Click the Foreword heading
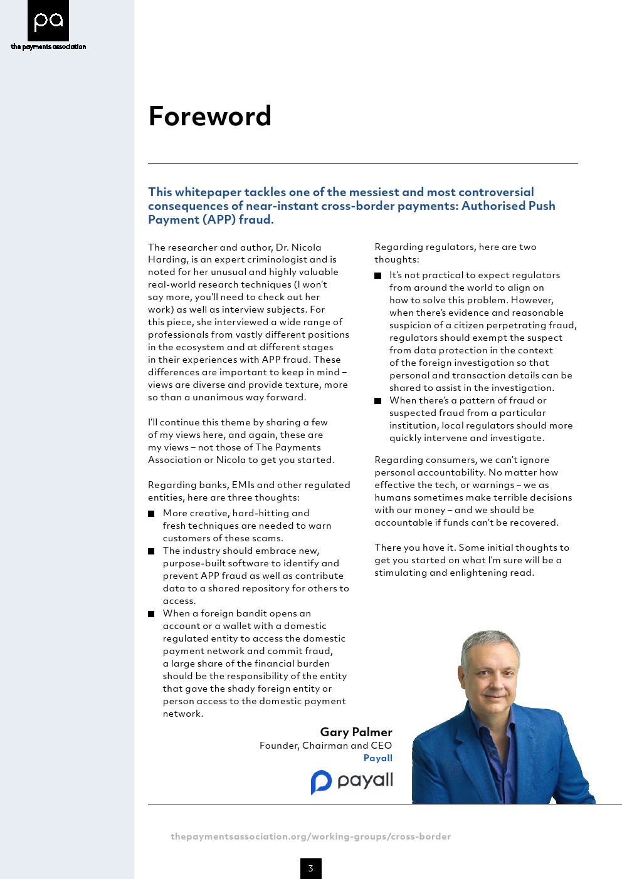click(209, 117)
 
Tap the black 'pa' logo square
click(48, 21)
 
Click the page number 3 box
click(310, 868)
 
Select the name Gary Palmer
click(356, 732)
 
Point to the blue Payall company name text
click(377, 758)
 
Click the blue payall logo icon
click(321, 781)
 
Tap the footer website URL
click(310, 836)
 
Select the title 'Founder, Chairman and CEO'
click(325, 746)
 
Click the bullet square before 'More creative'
click(151, 514)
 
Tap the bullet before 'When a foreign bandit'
click(151, 614)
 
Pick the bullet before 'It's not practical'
click(377, 276)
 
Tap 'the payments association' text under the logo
click(48, 46)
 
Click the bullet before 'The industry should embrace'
click(151, 551)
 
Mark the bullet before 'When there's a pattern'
click(377, 401)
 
